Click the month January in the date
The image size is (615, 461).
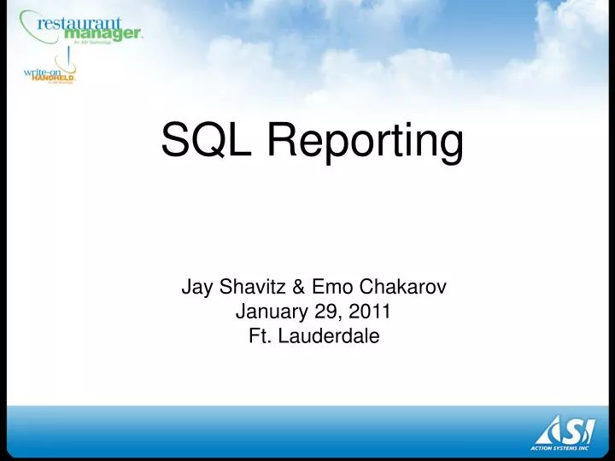pos(267,312)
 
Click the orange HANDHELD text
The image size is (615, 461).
pos(54,79)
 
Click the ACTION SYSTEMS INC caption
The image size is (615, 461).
pos(565,447)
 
